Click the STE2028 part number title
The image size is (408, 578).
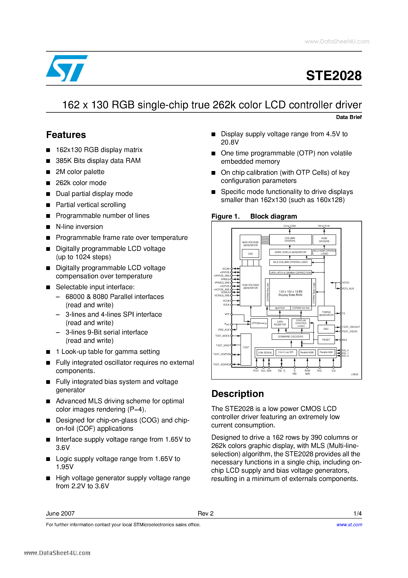pyautogui.click(x=334, y=76)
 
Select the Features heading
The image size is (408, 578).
pyautogui.click(x=66, y=135)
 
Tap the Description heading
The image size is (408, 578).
pyautogui.click(x=237, y=394)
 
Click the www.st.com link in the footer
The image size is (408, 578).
pyautogui.click(x=349, y=525)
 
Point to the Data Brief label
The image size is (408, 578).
pyautogui.click(x=349, y=117)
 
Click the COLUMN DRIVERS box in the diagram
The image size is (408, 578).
pyautogui.click(x=290, y=239)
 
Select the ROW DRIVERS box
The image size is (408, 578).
pyautogui.click(x=324, y=240)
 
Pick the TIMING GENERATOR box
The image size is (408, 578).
pyautogui.click(x=326, y=314)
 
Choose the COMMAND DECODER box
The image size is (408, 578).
pyautogui.click(x=290, y=337)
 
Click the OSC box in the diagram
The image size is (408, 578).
pyautogui.click(x=326, y=329)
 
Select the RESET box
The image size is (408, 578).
pyautogui.click(x=326, y=340)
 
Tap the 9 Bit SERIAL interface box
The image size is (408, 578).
pyautogui.click(x=265, y=353)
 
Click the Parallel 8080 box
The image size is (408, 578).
pyautogui.click(x=307, y=353)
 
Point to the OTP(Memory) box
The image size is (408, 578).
pyautogui.click(x=259, y=323)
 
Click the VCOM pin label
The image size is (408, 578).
pyautogui.click(x=226, y=269)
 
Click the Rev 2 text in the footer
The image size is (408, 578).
pyautogui.click(x=206, y=514)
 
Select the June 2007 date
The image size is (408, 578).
pyautogui.click(x=60, y=514)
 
